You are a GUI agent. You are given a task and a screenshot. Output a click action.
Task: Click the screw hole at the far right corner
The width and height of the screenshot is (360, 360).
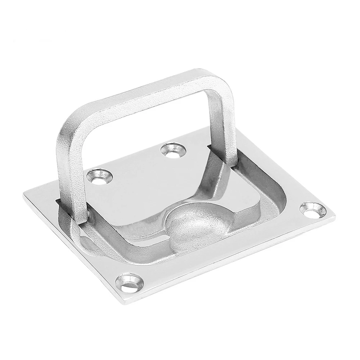312,210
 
